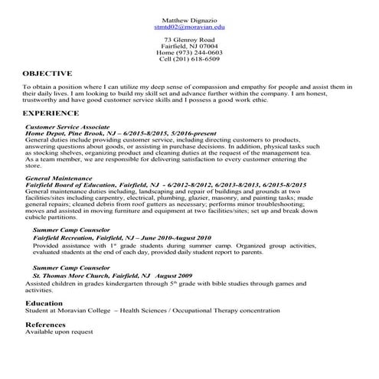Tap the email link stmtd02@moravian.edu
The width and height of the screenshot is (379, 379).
(189, 26)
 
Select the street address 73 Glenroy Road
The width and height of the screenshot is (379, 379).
(189, 39)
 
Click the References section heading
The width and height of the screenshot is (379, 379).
(45, 325)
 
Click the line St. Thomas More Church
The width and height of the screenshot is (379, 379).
(112, 274)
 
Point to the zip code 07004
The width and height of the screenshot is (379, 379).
(207, 45)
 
